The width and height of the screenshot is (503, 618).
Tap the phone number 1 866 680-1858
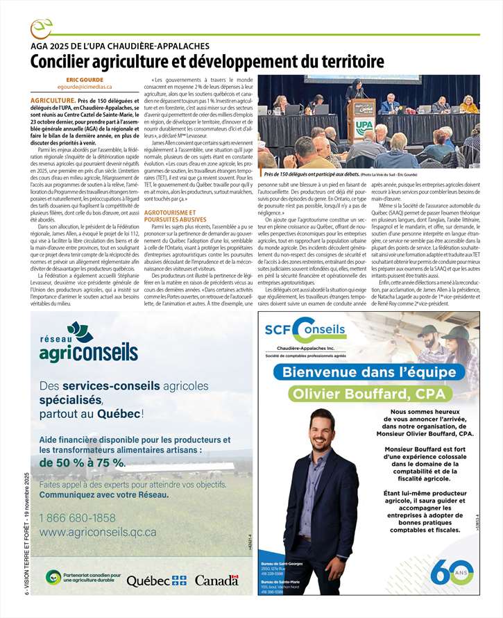pos(78,517)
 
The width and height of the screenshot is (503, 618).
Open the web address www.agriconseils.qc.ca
pos(98,531)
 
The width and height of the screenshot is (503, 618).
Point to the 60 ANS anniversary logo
pos(451,571)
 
